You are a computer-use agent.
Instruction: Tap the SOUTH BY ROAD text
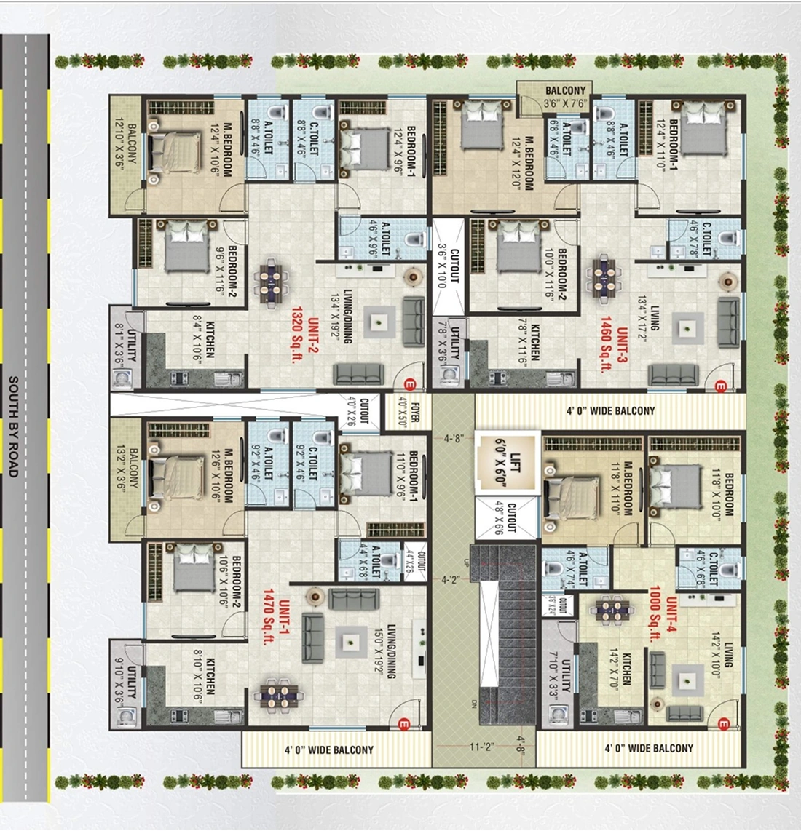pos(13,426)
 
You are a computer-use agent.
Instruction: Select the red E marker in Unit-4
pos(723,724)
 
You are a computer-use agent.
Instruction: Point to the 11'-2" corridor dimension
pos(482,747)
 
